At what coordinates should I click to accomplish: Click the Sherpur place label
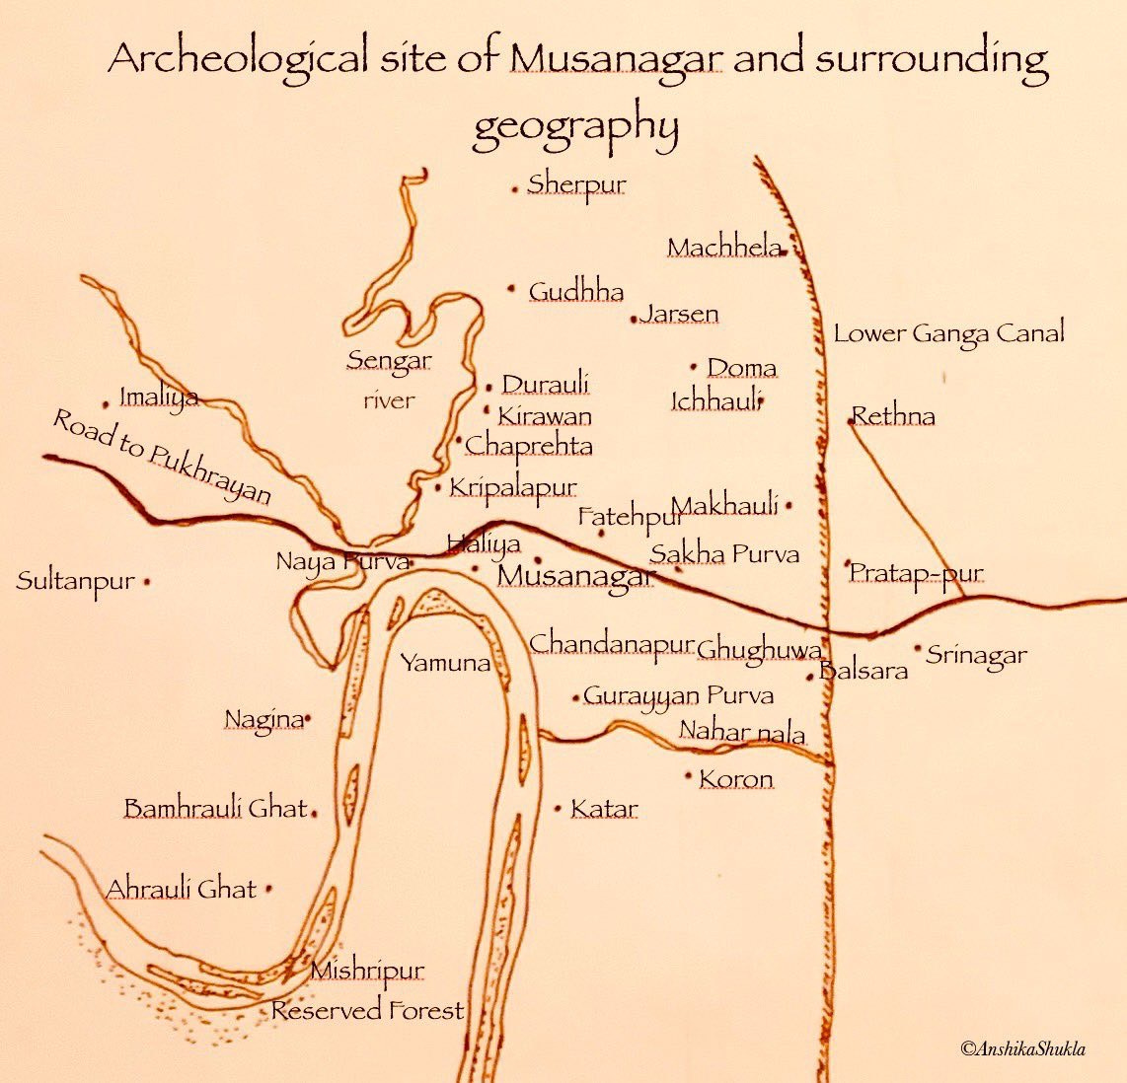[x=576, y=184]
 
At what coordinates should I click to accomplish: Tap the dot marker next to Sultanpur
[x=147, y=582]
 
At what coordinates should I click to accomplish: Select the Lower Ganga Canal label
[x=948, y=333]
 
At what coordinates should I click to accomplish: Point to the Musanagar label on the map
[x=576, y=576]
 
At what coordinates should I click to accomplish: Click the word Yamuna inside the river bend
[x=445, y=663]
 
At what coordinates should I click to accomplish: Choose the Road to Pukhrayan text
[x=161, y=457]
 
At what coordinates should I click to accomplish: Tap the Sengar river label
[x=389, y=380]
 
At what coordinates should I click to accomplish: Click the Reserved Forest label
[x=367, y=1011]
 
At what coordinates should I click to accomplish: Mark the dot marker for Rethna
[x=851, y=421]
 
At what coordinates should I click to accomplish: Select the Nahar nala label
[x=741, y=733]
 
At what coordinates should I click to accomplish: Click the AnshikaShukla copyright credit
[x=1022, y=1048]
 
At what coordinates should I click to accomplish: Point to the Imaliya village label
[x=158, y=397]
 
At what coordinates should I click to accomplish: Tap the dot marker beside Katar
[x=559, y=809]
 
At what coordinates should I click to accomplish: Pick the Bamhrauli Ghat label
[x=215, y=809]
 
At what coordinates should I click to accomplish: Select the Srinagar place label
[x=976, y=655]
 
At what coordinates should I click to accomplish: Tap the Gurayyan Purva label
[x=678, y=695]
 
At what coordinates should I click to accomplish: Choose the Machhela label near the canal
[x=724, y=248]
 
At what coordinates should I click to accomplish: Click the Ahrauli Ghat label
[x=181, y=889]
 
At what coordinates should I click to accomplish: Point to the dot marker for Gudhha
[x=511, y=289]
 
